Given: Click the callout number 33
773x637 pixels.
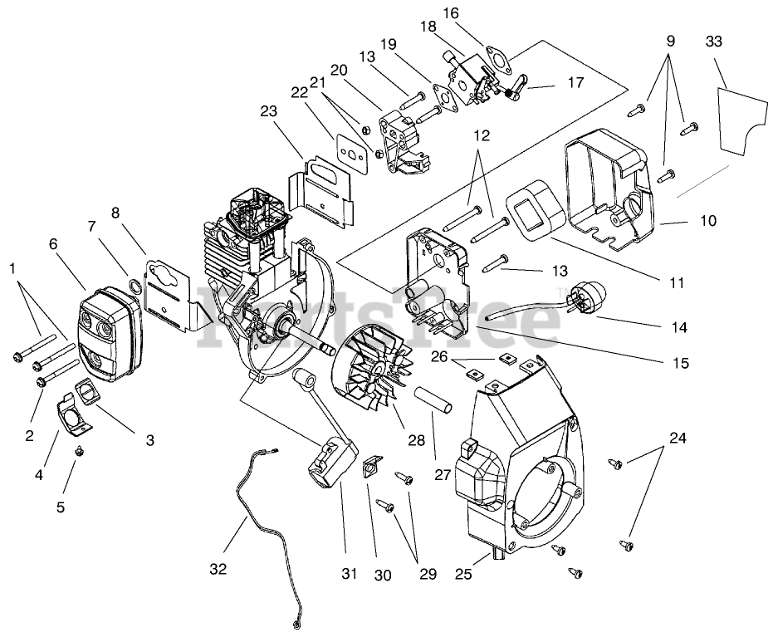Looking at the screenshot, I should pos(713,41).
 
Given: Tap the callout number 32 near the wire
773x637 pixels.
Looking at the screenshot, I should pos(218,569).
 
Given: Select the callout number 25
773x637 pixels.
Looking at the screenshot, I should pos(463,573).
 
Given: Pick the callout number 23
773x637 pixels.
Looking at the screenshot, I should pos(268,110).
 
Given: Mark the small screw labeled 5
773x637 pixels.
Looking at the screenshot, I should pos(81,451).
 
